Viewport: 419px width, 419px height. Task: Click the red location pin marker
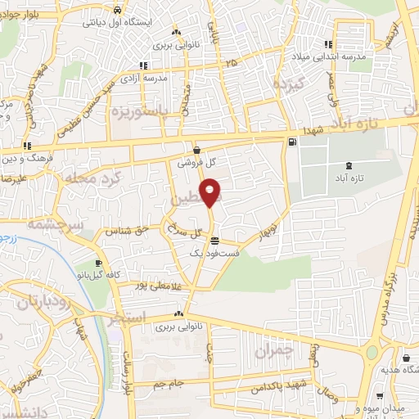click(211, 195)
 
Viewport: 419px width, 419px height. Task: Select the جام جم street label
click(173, 381)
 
